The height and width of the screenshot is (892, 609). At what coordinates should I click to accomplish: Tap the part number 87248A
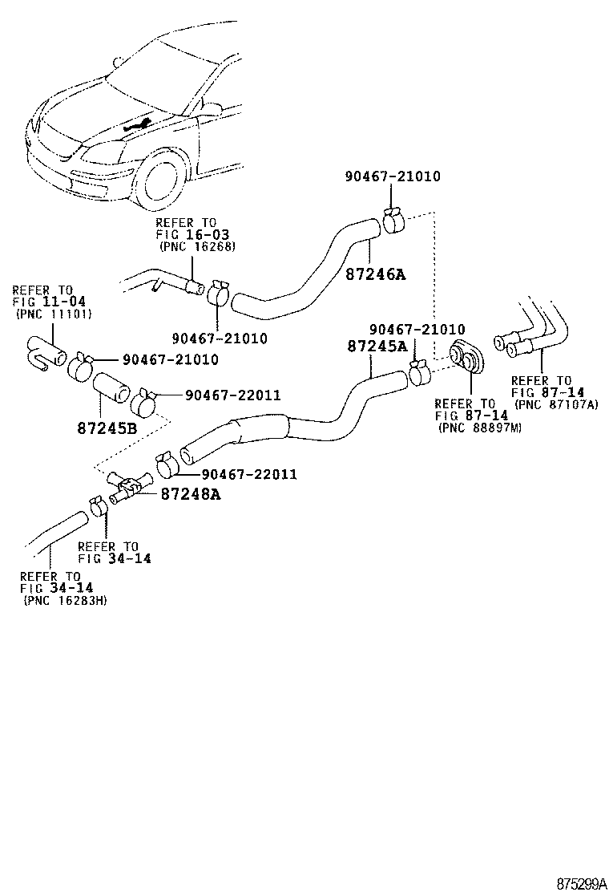[x=190, y=494]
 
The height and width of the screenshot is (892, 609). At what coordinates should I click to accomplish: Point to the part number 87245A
[x=377, y=346]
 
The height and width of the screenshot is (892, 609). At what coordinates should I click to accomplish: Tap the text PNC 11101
[x=54, y=314]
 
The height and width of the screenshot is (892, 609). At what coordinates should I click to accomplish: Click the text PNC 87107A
[x=556, y=404]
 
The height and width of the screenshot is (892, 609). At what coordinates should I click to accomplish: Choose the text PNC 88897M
[x=480, y=428]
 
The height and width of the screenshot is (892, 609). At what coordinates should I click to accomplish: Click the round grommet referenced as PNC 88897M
[x=466, y=356]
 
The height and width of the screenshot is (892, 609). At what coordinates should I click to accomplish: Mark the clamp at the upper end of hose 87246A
[x=393, y=219]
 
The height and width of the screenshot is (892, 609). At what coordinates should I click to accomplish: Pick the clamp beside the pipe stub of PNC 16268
[x=218, y=293]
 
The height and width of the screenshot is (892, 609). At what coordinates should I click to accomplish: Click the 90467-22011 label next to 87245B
[x=232, y=395]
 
